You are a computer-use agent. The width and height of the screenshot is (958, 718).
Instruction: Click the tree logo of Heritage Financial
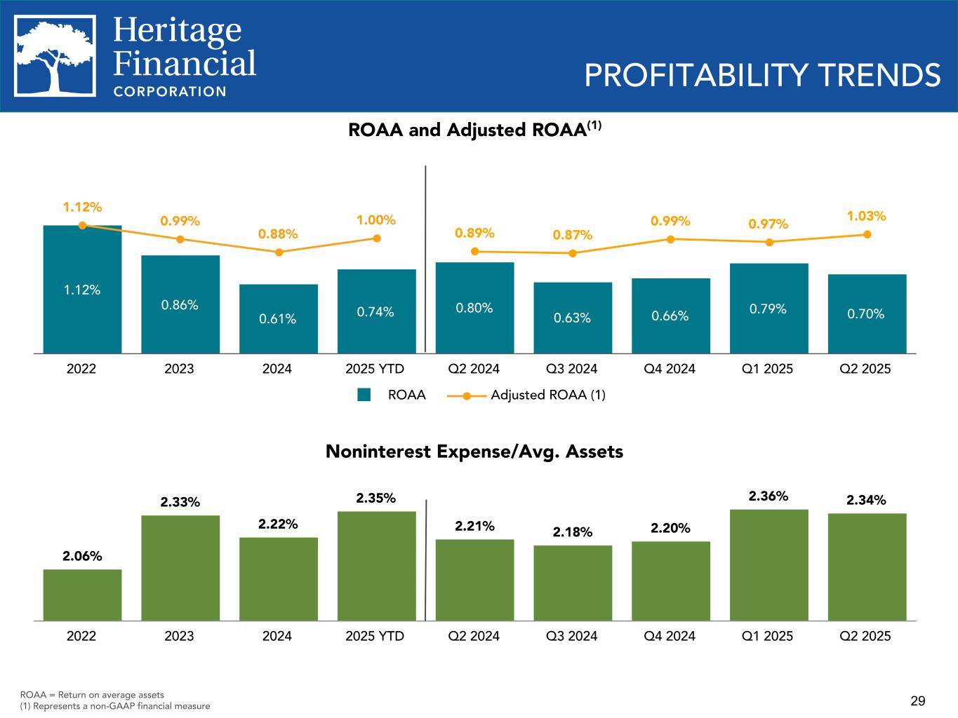click(x=55, y=55)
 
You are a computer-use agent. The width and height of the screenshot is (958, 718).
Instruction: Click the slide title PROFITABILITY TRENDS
click(x=762, y=76)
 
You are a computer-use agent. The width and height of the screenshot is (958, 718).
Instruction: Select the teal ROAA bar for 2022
click(x=82, y=289)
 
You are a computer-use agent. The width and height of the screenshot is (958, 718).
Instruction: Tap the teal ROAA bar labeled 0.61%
click(x=278, y=318)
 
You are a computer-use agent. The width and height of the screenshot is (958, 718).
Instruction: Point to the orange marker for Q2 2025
click(x=867, y=234)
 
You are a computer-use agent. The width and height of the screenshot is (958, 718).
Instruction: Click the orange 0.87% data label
click(x=572, y=235)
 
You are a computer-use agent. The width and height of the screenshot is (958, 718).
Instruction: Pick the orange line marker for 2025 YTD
click(x=377, y=238)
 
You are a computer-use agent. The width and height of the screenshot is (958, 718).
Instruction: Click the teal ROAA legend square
click(x=364, y=395)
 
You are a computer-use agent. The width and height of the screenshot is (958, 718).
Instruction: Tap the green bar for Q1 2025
click(x=769, y=564)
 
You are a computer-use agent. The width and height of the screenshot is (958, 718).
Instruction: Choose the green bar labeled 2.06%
click(x=82, y=595)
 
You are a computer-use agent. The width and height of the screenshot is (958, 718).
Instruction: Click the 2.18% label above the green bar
click(x=572, y=532)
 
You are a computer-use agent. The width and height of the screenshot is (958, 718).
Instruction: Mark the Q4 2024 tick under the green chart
click(x=670, y=636)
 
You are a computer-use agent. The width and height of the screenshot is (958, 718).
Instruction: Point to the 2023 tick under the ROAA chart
click(x=179, y=368)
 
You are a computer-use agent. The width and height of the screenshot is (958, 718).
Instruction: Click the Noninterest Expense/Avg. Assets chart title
click(x=474, y=452)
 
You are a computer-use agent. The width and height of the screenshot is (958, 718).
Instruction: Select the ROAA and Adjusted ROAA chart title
click(x=475, y=130)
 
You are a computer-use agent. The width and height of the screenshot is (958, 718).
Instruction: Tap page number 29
click(x=918, y=700)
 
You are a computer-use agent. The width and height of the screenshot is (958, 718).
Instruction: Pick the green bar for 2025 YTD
click(x=377, y=566)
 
